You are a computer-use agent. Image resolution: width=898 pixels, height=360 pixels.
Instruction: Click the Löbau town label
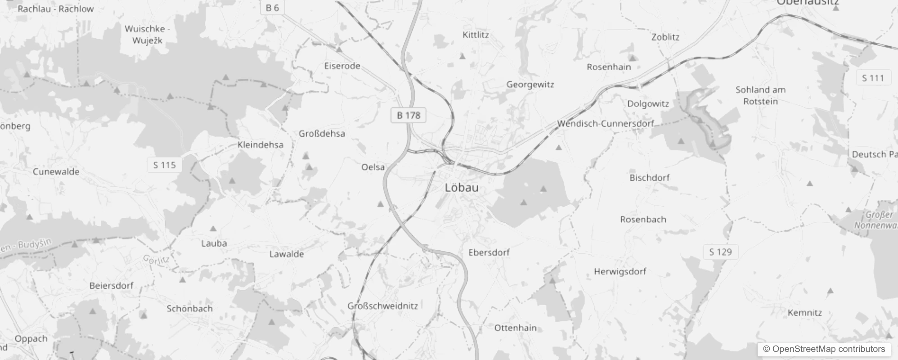[x=461, y=188]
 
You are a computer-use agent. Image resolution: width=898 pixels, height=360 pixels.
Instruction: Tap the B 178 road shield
[x=408, y=116]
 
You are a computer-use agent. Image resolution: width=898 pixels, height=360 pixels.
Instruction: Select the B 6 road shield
[x=272, y=8]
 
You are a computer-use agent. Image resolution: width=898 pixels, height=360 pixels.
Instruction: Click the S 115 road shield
[x=164, y=165]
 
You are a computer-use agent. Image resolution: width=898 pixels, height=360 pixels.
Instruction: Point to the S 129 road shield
[x=720, y=252]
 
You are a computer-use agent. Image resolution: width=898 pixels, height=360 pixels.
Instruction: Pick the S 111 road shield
[x=873, y=78]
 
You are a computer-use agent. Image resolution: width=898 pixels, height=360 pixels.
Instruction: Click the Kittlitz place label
[x=476, y=35]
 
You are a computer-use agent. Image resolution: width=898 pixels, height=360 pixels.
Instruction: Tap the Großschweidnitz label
[x=382, y=306]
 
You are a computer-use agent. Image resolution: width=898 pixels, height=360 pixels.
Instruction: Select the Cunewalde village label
[x=56, y=172]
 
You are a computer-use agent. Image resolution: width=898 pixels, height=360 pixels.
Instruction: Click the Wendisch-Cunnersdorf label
[x=605, y=123]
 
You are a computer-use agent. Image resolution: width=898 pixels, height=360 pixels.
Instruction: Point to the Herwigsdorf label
[x=620, y=272]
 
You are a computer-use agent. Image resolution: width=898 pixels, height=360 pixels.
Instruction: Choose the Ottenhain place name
[x=515, y=328]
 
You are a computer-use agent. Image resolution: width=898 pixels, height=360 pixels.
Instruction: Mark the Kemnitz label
[x=804, y=313]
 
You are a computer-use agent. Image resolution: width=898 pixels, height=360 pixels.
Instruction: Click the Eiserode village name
[x=342, y=66]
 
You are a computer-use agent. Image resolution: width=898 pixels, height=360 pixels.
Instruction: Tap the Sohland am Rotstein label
[x=760, y=95]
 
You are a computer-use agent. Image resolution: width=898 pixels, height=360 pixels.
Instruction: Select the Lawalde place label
[x=286, y=254]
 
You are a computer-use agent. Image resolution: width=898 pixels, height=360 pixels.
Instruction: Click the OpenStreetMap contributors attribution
[x=824, y=349]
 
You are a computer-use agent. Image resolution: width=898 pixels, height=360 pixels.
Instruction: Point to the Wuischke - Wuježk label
[x=147, y=35]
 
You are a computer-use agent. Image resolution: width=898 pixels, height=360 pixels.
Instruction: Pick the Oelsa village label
[x=373, y=167]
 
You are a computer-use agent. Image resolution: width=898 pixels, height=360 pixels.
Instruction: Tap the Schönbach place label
[x=189, y=309]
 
